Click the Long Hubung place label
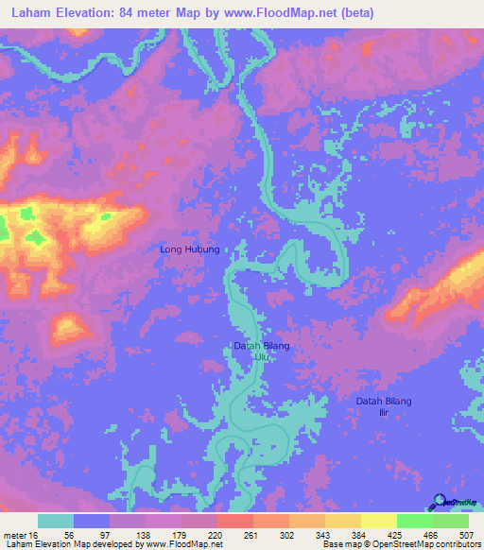(190, 249)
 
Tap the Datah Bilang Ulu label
(261, 352)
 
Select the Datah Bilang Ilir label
(384, 407)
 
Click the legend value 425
(398, 535)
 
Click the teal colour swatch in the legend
(56, 521)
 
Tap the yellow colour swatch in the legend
(378, 521)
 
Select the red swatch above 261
(234, 521)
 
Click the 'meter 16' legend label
(18, 535)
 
